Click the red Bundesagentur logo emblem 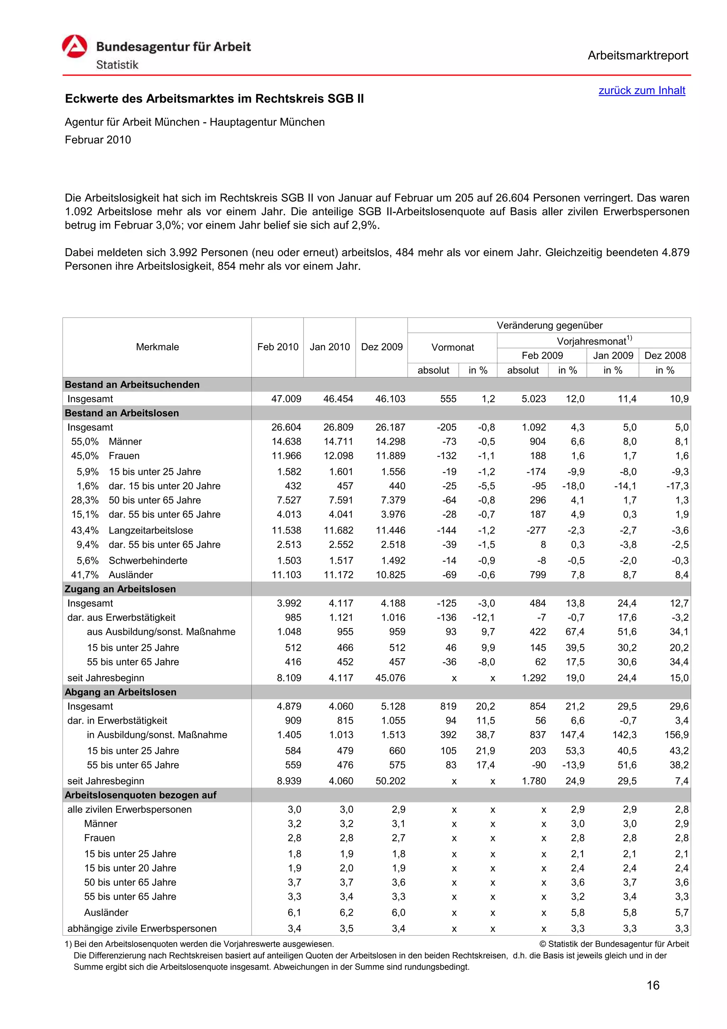pyautogui.click(x=74, y=47)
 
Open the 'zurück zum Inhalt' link pyautogui.click(x=641, y=91)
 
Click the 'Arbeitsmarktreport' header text pyautogui.click(x=638, y=56)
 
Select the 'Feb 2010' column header pyautogui.click(x=277, y=347)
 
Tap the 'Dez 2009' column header pyautogui.click(x=382, y=347)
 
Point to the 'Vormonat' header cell pyautogui.click(x=452, y=347)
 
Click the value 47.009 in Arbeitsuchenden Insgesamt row pyautogui.click(x=286, y=399)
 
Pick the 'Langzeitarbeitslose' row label pyautogui.click(x=151, y=530)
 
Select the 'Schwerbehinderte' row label pyautogui.click(x=148, y=560)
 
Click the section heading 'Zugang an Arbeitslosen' pyautogui.click(x=120, y=589)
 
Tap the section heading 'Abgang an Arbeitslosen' pyautogui.click(x=120, y=692)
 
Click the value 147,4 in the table pyautogui.click(x=572, y=735)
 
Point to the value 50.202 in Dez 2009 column pyautogui.click(x=390, y=781)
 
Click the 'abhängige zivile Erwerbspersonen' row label pyautogui.click(x=142, y=928)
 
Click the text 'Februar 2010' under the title pyautogui.click(x=98, y=140)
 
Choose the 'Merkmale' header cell pyautogui.click(x=157, y=347)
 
